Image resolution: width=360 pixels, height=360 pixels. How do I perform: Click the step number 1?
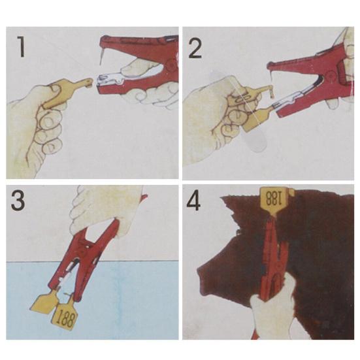(22, 47)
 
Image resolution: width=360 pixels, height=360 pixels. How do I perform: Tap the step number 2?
(195, 48)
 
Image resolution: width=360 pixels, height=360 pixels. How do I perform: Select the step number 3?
(18, 200)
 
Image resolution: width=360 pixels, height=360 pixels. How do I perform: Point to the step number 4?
(193, 201)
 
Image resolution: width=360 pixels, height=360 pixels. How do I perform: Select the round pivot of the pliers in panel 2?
(331, 74)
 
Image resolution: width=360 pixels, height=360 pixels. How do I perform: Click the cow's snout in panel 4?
(205, 276)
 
